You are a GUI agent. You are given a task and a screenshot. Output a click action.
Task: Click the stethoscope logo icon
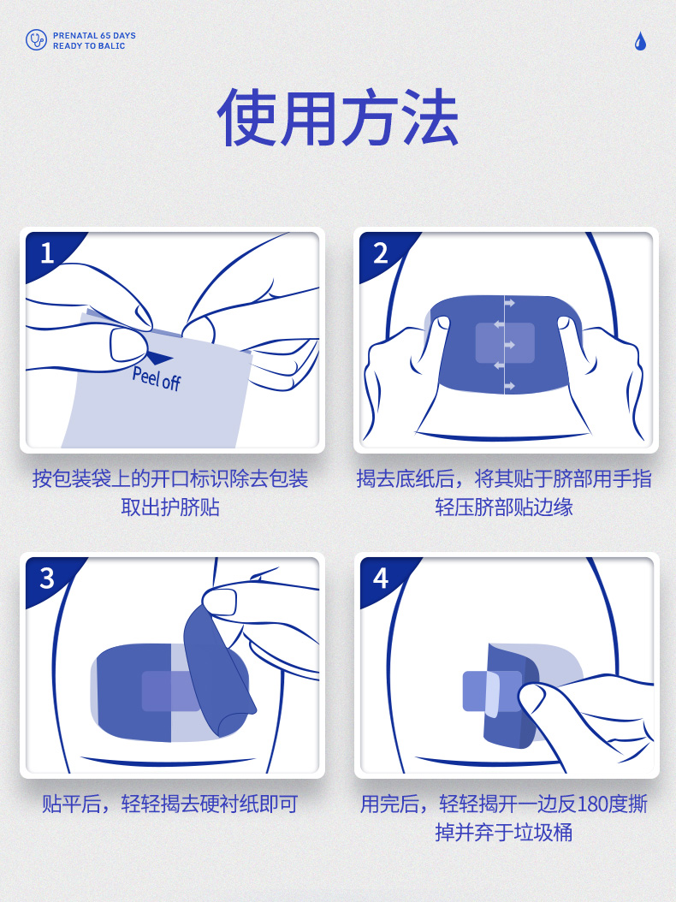coord(36,40)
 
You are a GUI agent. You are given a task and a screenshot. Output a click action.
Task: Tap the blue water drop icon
coord(640,41)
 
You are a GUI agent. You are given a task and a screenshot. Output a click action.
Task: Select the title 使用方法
coord(338,118)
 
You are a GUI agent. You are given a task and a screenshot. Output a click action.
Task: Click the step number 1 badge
coord(47,253)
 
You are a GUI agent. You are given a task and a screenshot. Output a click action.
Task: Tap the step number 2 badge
coord(380,253)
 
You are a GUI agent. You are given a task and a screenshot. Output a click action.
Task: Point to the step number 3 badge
coord(47,579)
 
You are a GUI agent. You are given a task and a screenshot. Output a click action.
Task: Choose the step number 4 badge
coord(380,579)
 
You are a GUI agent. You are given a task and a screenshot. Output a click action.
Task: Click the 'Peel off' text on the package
coord(157,378)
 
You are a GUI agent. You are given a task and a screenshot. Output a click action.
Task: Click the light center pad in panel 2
coord(505,343)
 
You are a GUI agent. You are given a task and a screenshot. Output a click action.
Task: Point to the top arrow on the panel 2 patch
coord(509,303)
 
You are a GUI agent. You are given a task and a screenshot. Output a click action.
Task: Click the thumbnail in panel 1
coord(127,345)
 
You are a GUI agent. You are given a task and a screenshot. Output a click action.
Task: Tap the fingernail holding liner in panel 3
coord(220,602)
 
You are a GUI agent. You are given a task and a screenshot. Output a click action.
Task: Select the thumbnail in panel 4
coord(531,699)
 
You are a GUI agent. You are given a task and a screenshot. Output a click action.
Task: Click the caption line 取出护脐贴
coord(170,507)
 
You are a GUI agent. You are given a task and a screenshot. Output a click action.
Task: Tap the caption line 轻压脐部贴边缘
coord(504,507)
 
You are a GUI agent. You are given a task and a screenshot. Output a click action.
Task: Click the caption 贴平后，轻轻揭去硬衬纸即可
coord(169,804)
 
